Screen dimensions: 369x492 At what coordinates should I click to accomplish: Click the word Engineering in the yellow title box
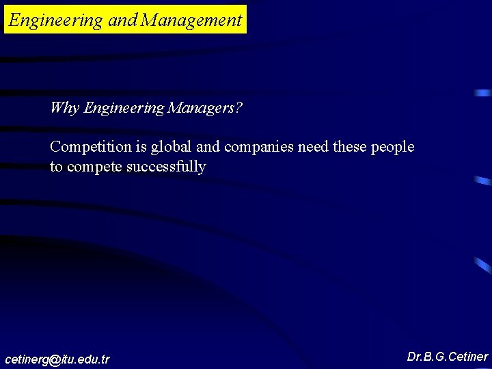click(x=55, y=20)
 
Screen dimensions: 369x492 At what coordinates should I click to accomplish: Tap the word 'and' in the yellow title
click(x=123, y=20)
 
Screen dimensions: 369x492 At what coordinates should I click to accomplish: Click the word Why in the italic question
click(x=65, y=108)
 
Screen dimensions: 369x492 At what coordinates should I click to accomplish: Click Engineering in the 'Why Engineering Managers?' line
click(x=124, y=108)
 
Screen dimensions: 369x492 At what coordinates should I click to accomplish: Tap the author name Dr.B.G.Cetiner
click(x=448, y=357)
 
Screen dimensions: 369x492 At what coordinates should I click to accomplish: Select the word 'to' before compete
click(x=56, y=167)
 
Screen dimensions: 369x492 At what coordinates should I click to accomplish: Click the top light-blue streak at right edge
click(x=484, y=92)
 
